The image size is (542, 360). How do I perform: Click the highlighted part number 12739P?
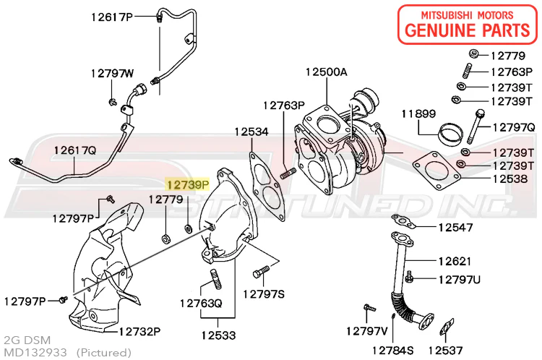tap(188, 185)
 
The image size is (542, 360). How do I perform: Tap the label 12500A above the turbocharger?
tap(326, 72)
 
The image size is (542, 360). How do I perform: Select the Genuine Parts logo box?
tap(468, 22)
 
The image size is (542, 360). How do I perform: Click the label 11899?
tap(419, 114)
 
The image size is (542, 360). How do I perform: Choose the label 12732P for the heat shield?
tap(139, 332)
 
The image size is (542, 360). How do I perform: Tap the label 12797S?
tap(264, 293)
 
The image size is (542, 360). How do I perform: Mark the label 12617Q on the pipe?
tap(74, 150)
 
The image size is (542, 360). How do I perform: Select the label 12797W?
tap(112, 73)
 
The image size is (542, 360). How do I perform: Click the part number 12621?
tap(454, 260)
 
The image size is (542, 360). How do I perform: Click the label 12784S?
tap(392, 350)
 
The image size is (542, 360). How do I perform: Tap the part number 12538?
tap(510, 178)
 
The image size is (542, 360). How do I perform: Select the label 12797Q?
tap(514, 127)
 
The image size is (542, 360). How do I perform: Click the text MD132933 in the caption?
tap(35, 351)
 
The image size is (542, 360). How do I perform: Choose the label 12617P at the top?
tap(112, 16)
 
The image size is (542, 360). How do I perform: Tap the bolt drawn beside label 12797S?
tap(261, 273)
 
